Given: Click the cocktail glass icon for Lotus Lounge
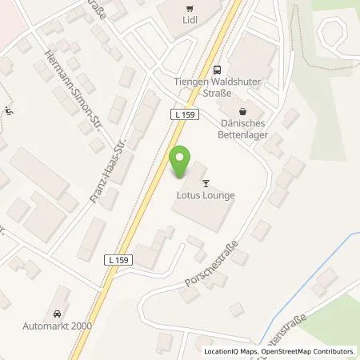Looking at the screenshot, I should [206, 183].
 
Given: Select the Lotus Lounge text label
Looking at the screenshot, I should [206, 194].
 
